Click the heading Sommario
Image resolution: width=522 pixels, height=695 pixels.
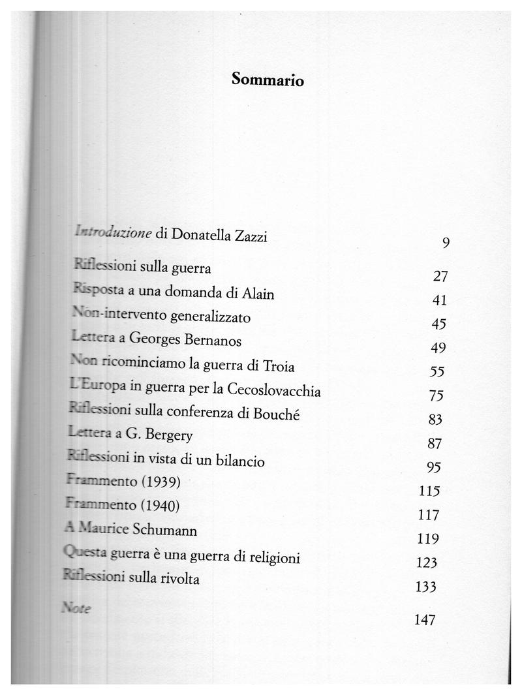pyautogui.click(x=268, y=80)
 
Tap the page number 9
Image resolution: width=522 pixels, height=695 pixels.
pyautogui.click(x=446, y=243)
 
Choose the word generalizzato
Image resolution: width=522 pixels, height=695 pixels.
pyautogui.click(x=210, y=318)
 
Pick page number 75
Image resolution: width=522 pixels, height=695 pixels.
pyautogui.click(x=437, y=396)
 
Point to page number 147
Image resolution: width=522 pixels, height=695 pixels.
pyautogui.click(x=424, y=619)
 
